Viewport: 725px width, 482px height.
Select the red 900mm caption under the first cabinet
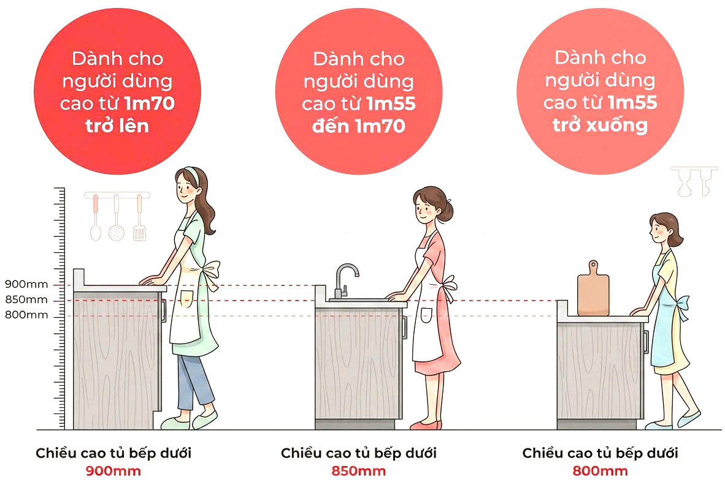(x=113, y=471)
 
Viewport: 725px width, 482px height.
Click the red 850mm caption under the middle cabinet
(x=359, y=471)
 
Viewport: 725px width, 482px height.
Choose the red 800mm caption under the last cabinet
(x=600, y=471)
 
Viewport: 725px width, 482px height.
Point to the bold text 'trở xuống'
(x=600, y=126)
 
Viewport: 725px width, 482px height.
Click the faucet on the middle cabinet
(x=343, y=279)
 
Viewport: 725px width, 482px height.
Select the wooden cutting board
(x=593, y=291)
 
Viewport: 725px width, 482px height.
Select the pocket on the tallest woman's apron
(x=186, y=299)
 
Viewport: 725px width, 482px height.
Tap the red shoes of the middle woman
(x=426, y=424)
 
